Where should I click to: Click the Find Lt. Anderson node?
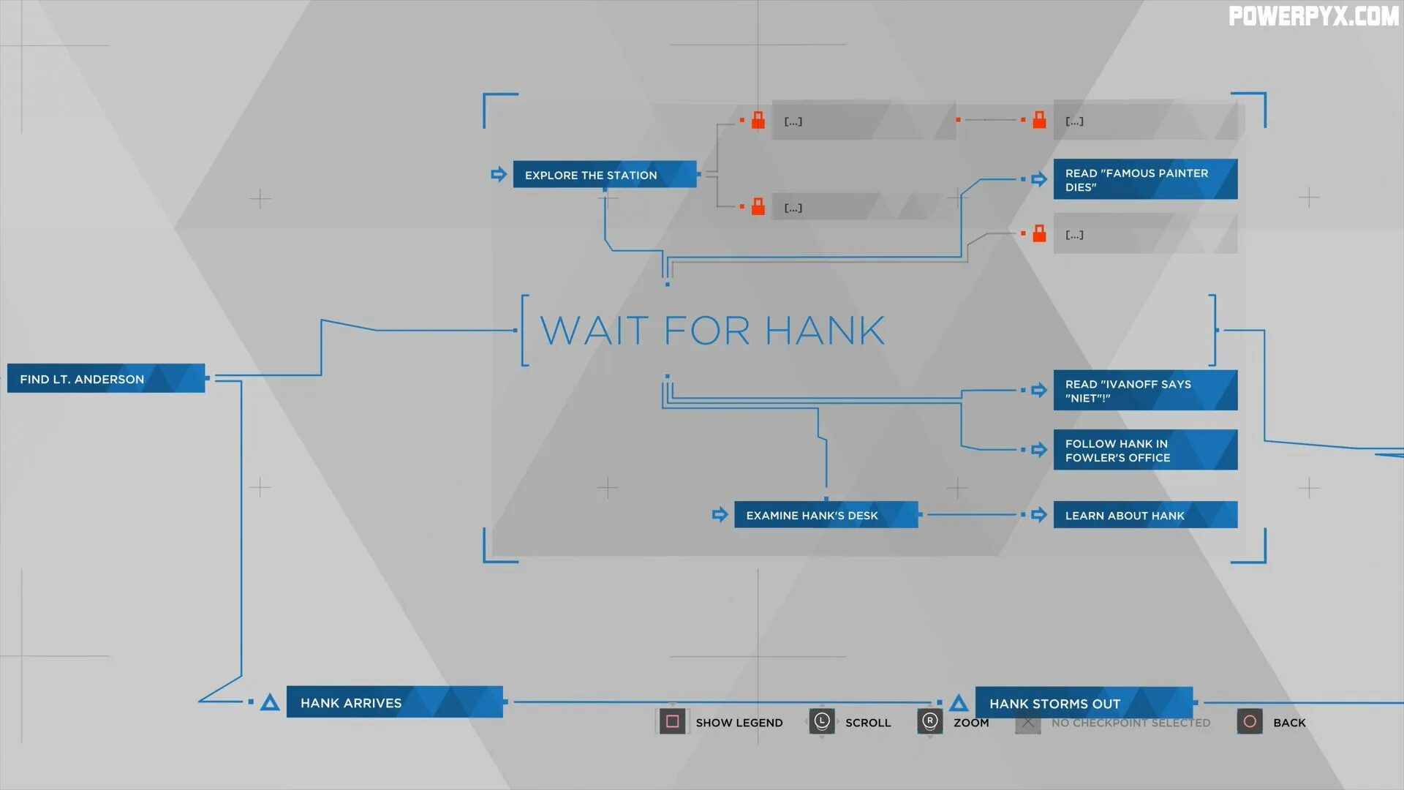tap(106, 378)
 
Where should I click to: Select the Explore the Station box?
tap(605, 175)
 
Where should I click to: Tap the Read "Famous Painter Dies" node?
tap(1145, 179)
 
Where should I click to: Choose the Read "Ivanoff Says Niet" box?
tap(1145, 391)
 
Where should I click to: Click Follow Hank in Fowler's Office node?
tap(1145, 450)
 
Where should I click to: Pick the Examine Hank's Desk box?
tap(826, 515)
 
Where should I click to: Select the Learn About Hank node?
tap(1145, 515)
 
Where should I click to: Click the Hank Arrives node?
tap(394, 702)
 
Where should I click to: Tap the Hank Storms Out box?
tap(1084, 703)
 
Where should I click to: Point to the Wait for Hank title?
tap(712, 331)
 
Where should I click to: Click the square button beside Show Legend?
tap(672, 722)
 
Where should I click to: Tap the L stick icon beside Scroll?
tap(822, 722)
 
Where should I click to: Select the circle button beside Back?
tap(1250, 722)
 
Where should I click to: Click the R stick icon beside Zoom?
tap(929, 722)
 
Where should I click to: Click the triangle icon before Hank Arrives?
tap(270, 703)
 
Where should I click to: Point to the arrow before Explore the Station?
tap(499, 174)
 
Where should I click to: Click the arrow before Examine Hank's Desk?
tap(720, 515)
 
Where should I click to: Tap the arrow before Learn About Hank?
tap(1038, 515)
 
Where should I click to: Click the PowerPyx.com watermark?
tap(1313, 16)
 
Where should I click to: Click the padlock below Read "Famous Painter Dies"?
tap(1039, 234)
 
